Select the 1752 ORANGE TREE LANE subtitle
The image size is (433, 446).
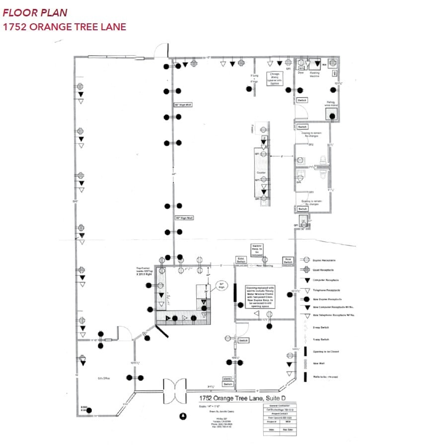65,27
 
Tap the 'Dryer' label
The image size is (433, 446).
300,72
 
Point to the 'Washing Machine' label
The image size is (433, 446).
315,73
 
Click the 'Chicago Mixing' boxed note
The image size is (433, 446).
275,79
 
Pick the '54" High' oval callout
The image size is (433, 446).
222,286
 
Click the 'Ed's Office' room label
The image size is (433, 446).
104,378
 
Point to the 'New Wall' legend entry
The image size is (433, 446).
319,364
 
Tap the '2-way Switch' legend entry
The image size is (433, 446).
321,327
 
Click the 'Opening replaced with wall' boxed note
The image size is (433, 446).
260,297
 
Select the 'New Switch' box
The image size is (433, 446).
288,260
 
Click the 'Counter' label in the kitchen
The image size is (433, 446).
261,173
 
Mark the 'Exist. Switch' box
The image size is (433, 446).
241,260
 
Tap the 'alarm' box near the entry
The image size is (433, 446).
227,379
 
